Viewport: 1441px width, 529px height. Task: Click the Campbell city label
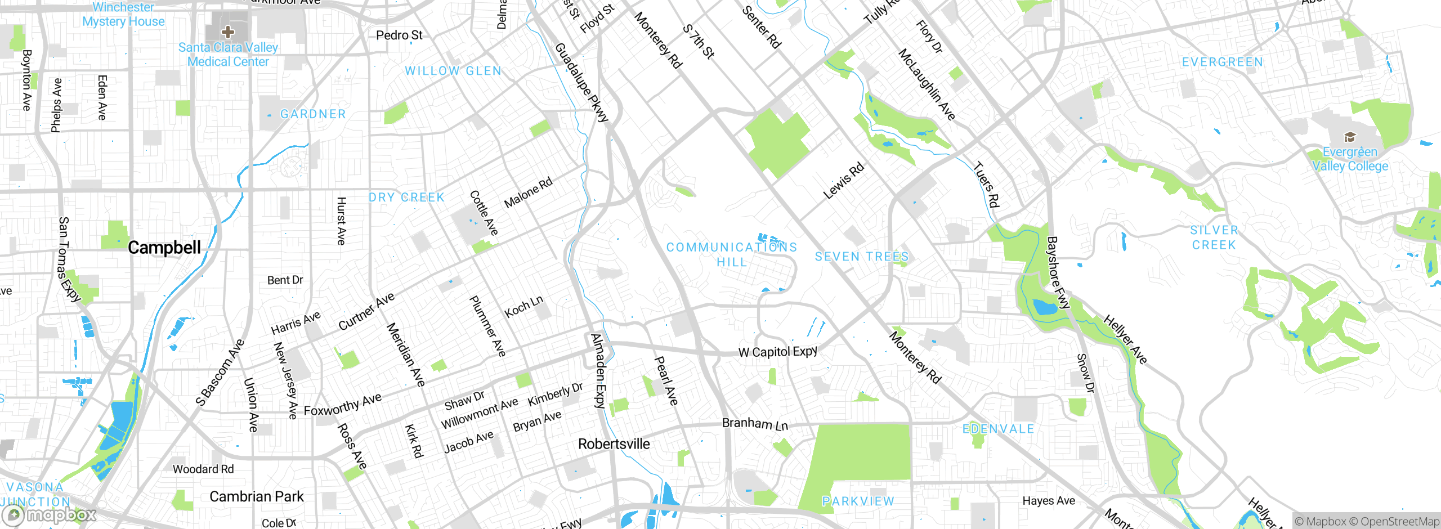(164, 248)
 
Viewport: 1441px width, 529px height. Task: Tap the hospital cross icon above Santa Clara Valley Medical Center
(228, 32)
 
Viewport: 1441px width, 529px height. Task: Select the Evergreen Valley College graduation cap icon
(1349, 137)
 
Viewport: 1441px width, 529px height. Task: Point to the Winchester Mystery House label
(123, 15)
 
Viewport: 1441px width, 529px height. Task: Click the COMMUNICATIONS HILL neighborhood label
(732, 254)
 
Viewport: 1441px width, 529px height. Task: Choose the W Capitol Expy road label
(777, 352)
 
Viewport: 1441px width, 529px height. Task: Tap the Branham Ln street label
(755, 424)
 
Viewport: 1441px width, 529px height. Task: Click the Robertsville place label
(614, 444)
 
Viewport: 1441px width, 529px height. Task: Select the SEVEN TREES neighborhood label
(861, 257)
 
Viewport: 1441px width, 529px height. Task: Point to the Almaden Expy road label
(599, 370)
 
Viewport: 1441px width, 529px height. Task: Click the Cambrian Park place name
(256, 496)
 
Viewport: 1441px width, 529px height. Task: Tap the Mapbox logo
(50, 514)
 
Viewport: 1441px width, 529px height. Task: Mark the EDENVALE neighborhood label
(998, 429)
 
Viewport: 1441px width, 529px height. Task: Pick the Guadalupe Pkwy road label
(581, 82)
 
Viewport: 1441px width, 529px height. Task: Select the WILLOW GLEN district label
(453, 71)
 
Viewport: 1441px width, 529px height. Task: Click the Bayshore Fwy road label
(1057, 273)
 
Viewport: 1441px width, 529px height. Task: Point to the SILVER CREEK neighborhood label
(1214, 237)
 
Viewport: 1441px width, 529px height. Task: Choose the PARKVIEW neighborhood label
(858, 501)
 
